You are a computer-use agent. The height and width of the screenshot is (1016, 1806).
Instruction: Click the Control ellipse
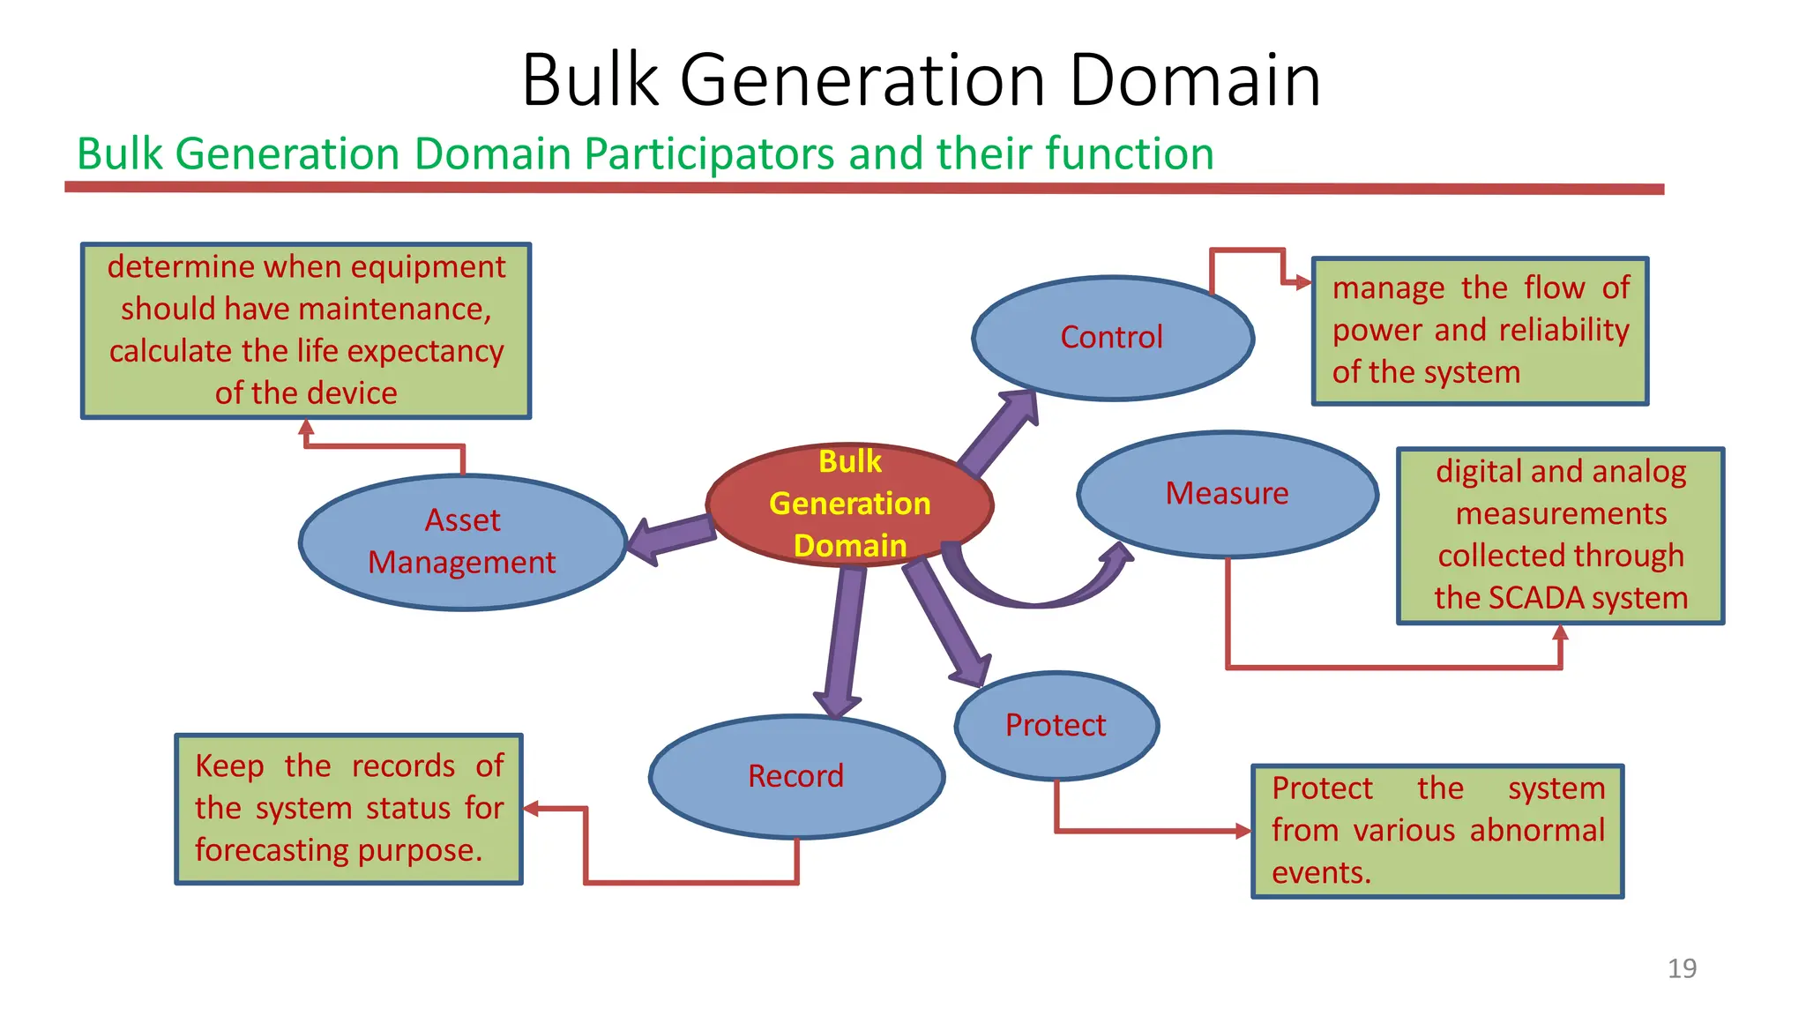click(x=1112, y=338)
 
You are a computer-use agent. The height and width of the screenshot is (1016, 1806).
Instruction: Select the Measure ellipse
click(x=1227, y=494)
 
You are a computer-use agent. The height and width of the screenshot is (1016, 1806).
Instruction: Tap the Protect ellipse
click(x=1056, y=725)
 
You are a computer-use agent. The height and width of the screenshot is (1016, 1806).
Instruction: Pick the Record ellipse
click(x=795, y=776)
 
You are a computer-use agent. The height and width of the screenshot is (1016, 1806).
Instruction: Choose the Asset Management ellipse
click(x=462, y=542)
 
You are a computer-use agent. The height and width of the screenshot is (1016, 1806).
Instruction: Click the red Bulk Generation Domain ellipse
click(x=849, y=504)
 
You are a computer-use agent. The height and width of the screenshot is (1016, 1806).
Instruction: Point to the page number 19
click(x=1682, y=968)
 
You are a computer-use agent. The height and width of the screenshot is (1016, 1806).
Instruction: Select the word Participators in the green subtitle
click(x=710, y=153)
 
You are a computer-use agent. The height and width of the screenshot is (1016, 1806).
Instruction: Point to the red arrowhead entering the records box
click(x=531, y=808)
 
